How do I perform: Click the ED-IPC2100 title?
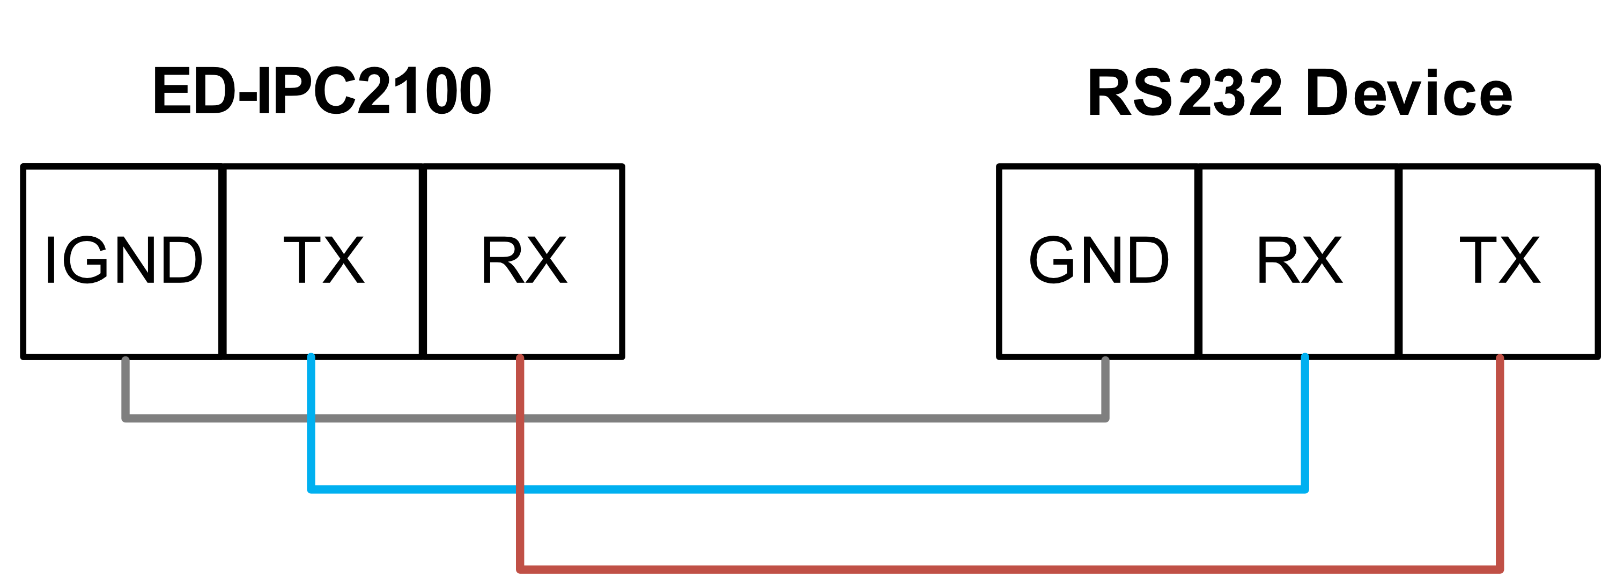click(322, 92)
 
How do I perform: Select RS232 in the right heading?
click(1184, 94)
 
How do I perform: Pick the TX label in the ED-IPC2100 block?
click(323, 259)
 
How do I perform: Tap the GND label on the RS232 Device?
click(1098, 259)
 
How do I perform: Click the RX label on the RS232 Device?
click(1298, 259)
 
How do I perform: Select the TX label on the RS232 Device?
click(1499, 259)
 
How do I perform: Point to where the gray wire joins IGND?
click(126, 359)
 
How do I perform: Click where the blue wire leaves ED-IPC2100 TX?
click(311, 357)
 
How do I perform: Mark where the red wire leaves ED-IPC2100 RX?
click(520, 358)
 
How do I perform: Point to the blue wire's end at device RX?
click(1305, 357)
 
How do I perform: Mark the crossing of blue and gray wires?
click(311, 418)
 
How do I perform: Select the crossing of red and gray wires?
click(520, 418)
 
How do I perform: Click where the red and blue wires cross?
click(520, 489)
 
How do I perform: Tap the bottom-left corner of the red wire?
click(520, 569)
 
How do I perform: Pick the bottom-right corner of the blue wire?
click(1305, 489)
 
